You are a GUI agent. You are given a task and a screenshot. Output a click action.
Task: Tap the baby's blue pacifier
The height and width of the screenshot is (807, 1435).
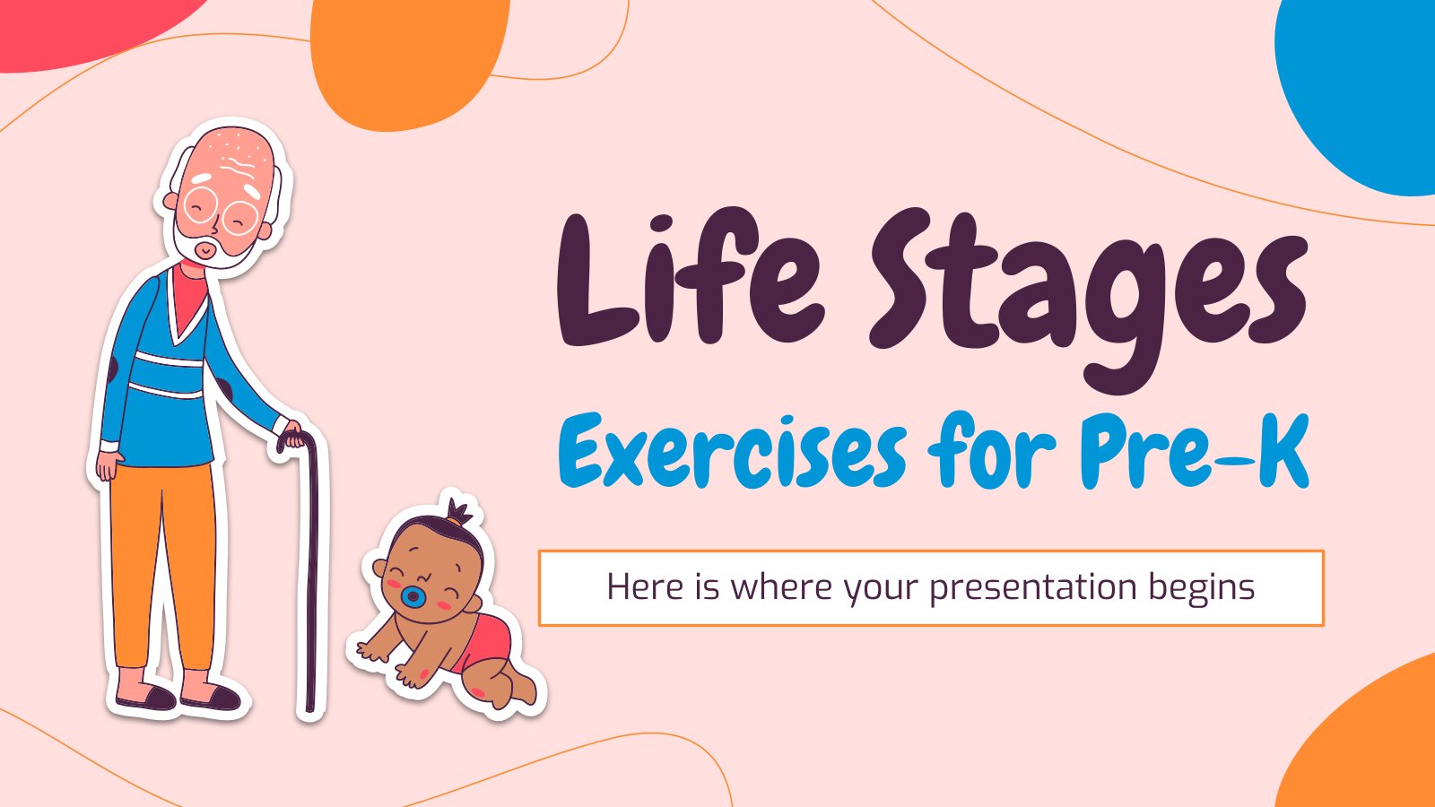[413, 596]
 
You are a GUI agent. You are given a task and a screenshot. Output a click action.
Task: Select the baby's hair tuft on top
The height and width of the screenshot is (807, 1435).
[459, 512]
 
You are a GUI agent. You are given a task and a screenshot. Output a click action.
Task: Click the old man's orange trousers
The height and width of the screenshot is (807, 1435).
[163, 564]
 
